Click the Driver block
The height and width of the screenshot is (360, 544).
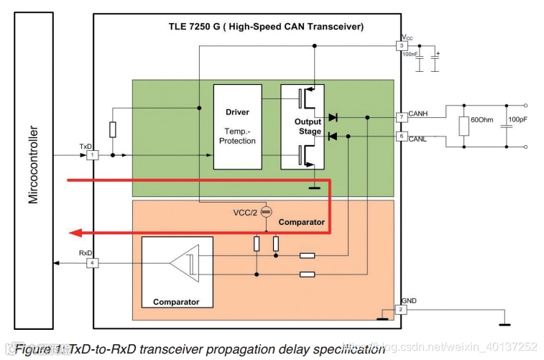[237, 126]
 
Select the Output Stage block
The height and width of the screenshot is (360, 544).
[302, 126]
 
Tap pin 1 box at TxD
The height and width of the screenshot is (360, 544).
[91, 154]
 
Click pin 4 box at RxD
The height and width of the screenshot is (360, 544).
[91, 263]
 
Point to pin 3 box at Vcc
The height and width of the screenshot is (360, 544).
[402, 46]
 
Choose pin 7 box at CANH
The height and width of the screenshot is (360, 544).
[402, 116]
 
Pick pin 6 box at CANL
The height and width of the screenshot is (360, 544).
[402, 136]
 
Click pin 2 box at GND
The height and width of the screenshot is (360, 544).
[402, 310]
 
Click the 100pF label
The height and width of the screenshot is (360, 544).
[518, 119]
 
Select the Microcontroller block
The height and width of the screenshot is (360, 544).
[34, 165]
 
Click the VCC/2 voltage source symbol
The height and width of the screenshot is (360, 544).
[265, 212]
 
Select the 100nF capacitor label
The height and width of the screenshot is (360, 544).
[410, 55]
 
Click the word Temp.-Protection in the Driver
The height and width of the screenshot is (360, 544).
[237, 136]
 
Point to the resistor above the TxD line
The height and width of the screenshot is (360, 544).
[113, 129]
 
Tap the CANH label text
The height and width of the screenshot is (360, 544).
[418, 113]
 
